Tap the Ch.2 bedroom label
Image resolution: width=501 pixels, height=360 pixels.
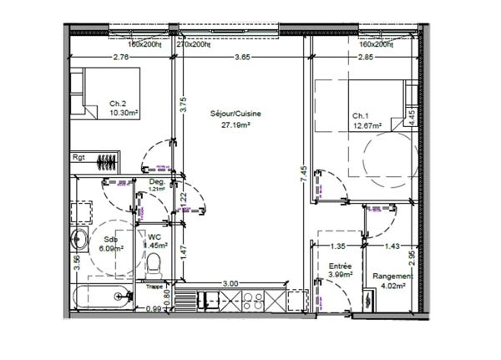[x=118, y=104]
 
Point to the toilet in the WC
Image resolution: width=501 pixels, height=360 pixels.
[x=153, y=266]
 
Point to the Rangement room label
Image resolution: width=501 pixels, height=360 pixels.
[x=392, y=276]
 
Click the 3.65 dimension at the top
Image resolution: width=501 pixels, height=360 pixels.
[x=241, y=58]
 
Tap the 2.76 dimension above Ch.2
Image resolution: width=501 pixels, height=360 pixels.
[x=120, y=58]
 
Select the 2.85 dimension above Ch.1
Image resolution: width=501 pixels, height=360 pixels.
[x=365, y=58]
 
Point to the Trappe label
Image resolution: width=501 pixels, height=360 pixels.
[x=154, y=286]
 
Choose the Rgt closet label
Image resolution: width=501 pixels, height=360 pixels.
[x=79, y=156]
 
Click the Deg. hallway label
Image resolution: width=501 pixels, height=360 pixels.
[x=155, y=181]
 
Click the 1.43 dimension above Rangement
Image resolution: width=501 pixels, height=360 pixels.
[x=391, y=246]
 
